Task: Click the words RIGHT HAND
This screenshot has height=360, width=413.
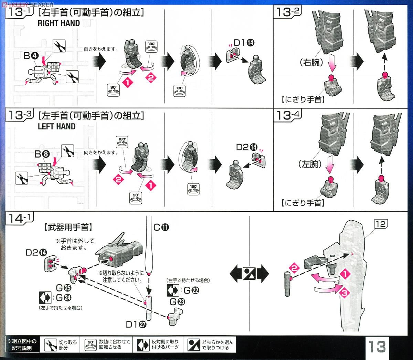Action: (59, 23)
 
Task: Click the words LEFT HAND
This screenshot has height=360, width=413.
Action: (56, 126)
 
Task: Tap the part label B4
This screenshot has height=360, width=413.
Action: (31, 55)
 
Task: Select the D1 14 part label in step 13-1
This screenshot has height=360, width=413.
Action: (244, 43)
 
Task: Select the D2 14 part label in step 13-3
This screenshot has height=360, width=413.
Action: (246, 147)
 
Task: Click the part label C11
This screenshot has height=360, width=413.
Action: (161, 227)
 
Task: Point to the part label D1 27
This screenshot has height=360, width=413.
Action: (136, 325)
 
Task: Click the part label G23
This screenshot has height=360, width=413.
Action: (177, 302)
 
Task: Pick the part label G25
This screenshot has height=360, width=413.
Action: (63, 288)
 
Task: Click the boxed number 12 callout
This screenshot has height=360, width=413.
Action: (381, 224)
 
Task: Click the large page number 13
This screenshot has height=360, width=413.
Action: (377, 346)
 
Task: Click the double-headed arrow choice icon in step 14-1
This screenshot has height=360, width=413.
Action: (250, 274)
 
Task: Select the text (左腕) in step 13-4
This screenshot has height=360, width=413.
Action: (310, 164)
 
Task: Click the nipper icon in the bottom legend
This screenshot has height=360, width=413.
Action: (50, 345)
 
